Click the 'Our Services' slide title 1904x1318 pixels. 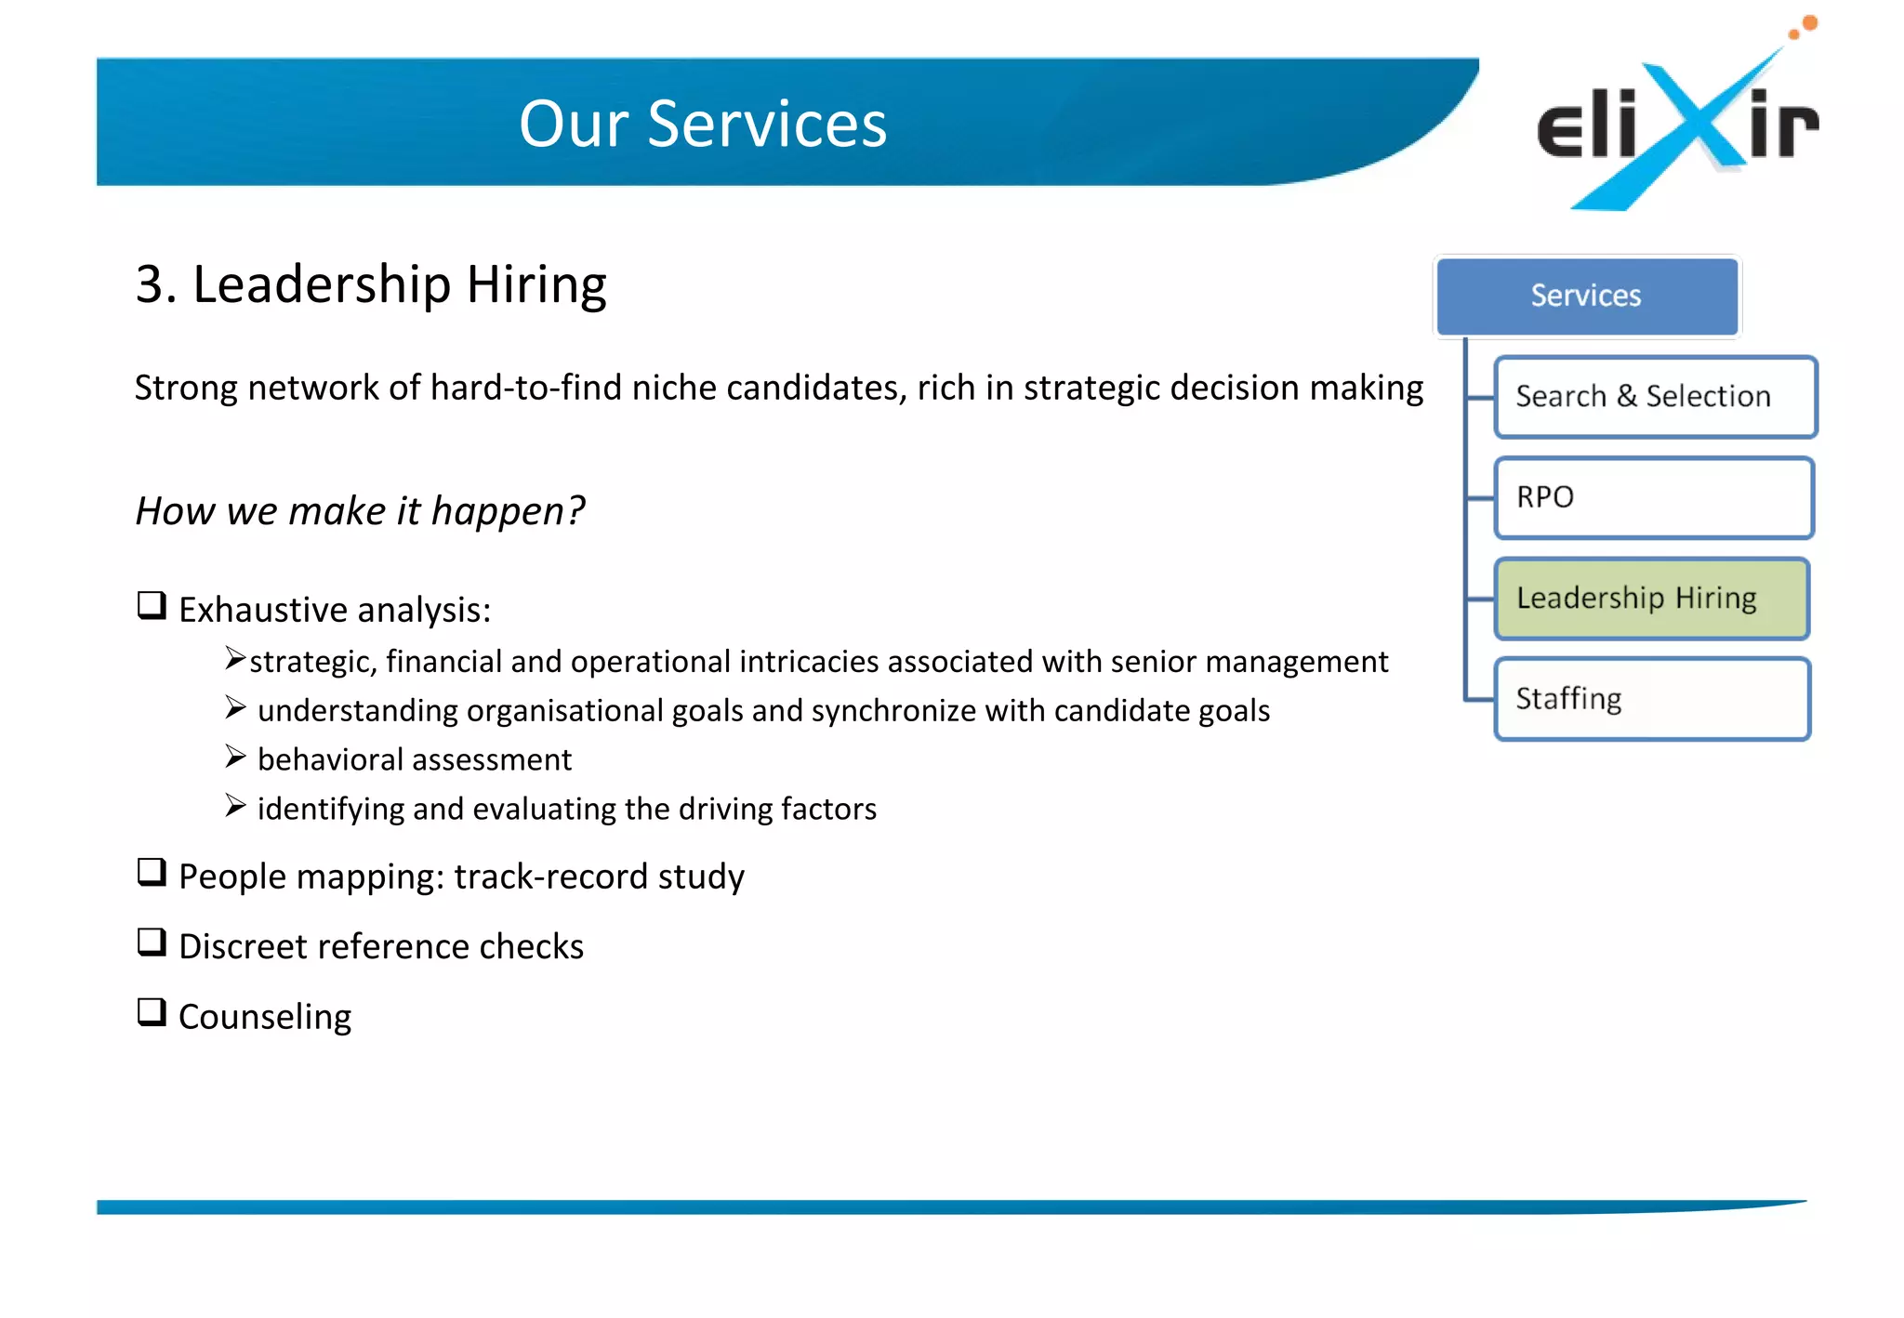coord(703,124)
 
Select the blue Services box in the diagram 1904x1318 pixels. coord(1586,296)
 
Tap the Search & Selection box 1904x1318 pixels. coord(1655,397)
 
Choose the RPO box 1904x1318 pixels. coord(1653,497)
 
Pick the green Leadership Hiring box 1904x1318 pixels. coord(1651,599)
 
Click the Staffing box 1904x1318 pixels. coord(1651,699)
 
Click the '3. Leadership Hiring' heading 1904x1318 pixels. coord(371,284)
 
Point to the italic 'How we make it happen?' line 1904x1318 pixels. coord(360,511)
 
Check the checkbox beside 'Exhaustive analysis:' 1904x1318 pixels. coord(152,606)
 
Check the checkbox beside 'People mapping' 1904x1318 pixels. coord(152,872)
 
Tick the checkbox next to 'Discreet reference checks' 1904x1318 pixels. coord(152,942)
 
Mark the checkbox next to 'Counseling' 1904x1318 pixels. coord(152,1011)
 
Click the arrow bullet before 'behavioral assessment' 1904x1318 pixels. coord(235,757)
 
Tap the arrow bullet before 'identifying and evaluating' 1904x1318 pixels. coord(235,806)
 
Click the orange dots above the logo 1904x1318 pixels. coord(1805,27)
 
